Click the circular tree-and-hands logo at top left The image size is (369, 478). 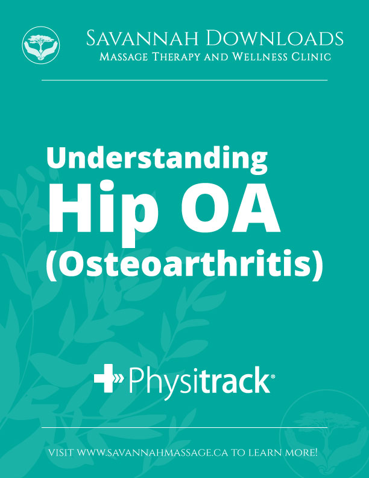tap(41, 45)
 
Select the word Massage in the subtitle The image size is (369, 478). tap(124, 57)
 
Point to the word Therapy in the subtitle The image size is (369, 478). tap(176, 57)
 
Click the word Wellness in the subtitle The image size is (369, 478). tap(259, 57)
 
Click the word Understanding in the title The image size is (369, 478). tap(157, 159)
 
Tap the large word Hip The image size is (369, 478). tap(102, 212)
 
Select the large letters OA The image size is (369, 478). tap(230, 207)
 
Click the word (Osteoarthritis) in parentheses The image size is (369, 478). tap(184, 265)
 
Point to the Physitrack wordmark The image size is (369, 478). tap(184, 382)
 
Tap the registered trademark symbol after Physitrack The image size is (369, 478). tap(273, 377)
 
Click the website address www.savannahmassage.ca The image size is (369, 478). tap(152, 453)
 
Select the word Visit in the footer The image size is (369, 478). tap(61, 453)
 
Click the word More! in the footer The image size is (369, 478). tap(301, 453)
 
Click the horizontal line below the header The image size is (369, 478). tap(184, 80)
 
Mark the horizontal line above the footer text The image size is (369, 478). tap(184, 428)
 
